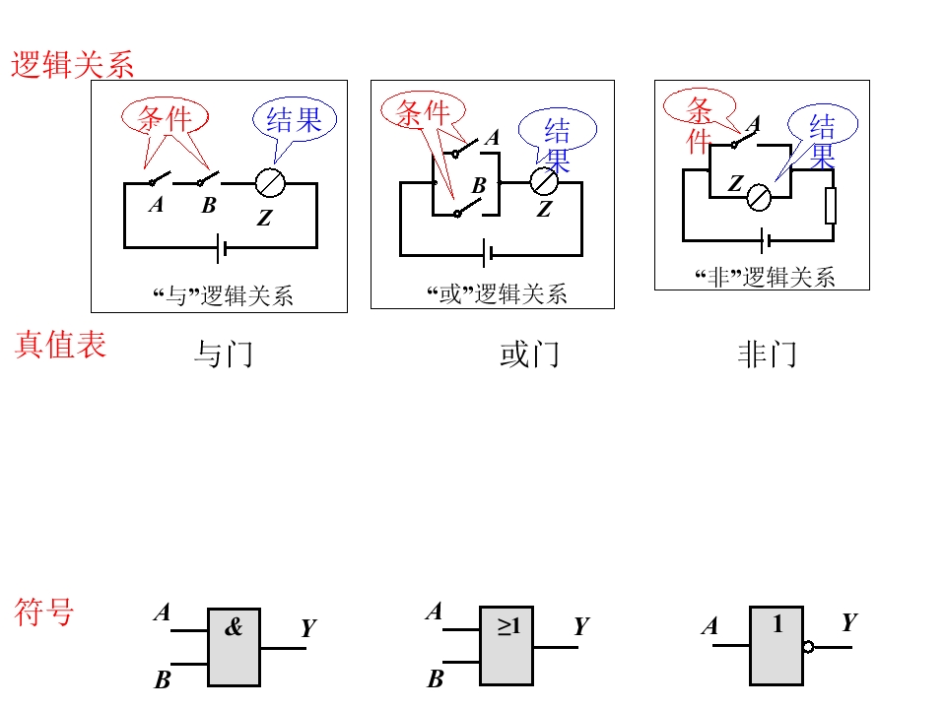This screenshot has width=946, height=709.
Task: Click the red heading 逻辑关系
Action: click(x=72, y=65)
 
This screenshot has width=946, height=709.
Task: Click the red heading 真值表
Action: click(x=60, y=345)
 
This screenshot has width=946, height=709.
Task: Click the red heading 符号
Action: click(x=44, y=612)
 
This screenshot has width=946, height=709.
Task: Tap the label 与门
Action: click(x=224, y=354)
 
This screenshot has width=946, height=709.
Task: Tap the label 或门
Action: click(x=530, y=354)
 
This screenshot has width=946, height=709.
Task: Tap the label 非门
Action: click(x=768, y=354)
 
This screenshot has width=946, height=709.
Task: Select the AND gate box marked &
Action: click(x=235, y=647)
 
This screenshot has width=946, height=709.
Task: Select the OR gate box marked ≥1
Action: click(x=507, y=646)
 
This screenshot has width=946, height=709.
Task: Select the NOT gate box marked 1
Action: click(x=777, y=646)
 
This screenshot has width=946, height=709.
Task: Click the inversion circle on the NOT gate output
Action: click(x=808, y=648)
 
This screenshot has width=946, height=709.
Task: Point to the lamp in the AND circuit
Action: click(x=270, y=183)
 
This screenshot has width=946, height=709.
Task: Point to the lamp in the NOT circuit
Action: click(x=759, y=197)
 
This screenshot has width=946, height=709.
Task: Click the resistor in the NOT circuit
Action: click(x=831, y=206)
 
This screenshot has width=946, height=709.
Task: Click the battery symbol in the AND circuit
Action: click(x=222, y=248)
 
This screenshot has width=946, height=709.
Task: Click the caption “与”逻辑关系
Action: click(x=223, y=296)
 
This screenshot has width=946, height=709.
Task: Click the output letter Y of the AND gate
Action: click(x=308, y=628)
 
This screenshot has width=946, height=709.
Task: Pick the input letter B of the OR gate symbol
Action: click(x=435, y=678)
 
